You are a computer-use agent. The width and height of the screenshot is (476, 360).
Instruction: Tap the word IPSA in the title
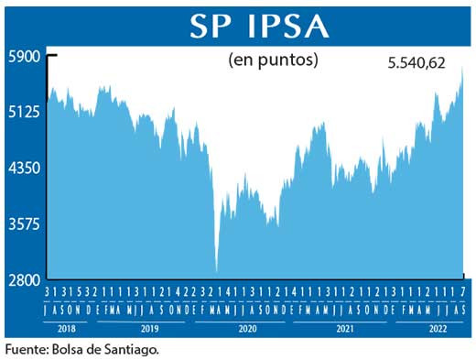pyautogui.click(x=284, y=27)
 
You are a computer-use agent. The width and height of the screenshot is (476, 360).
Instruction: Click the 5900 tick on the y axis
pyautogui.click(x=25, y=56)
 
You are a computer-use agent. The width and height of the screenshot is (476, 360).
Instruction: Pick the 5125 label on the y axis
pyautogui.click(x=25, y=113)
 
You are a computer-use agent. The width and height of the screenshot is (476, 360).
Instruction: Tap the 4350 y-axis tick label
pyautogui.click(x=25, y=169)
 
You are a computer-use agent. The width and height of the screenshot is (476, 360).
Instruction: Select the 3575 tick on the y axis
pyautogui.click(x=25, y=224)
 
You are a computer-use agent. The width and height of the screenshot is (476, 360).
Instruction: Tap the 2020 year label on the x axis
pyautogui.click(x=246, y=326)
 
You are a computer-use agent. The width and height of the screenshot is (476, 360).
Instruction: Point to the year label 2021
pyautogui.click(x=344, y=326)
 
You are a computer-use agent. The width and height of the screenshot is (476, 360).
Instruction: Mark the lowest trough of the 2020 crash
pyautogui.click(x=216, y=270)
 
